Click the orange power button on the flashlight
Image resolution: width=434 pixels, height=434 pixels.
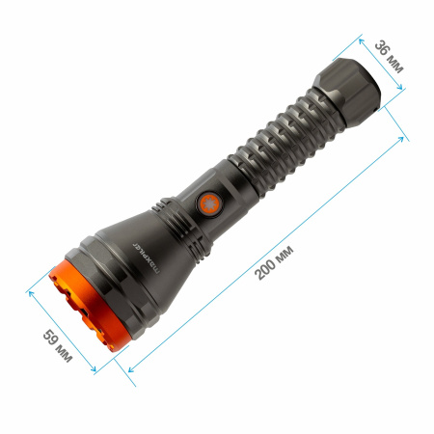coord(207,203)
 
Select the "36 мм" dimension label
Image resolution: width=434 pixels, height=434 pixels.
coord(392,59)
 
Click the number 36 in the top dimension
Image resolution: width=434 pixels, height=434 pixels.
coord(385,50)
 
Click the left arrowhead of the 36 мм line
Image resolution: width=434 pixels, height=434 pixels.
coord(361,41)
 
